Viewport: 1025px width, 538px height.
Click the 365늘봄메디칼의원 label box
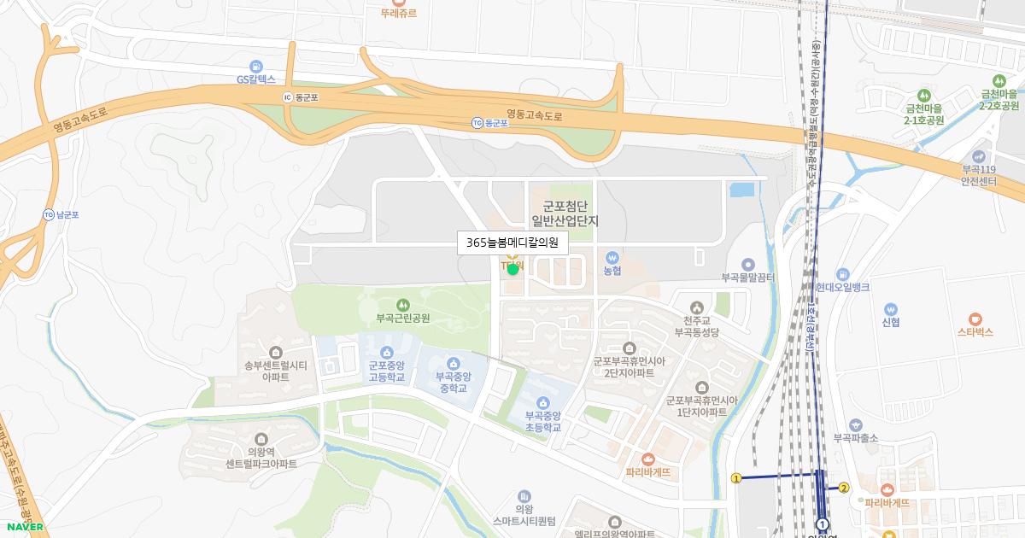pos(512,243)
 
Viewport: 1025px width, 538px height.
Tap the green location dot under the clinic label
pos(512,269)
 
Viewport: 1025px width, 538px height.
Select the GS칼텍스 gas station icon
pos(255,67)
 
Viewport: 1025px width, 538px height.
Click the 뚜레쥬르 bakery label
pos(400,13)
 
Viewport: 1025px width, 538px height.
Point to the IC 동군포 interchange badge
pos(288,97)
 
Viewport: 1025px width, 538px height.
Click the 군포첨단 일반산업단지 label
pos(565,213)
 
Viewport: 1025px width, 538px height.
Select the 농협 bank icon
pos(612,257)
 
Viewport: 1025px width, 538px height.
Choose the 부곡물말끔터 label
pos(747,278)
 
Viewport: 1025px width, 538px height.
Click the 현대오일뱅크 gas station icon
pos(842,274)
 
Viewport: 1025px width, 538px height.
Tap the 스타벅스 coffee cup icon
pos(975,318)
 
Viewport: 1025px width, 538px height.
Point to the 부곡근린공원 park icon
pos(402,304)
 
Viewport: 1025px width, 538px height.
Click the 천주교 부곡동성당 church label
pos(698,326)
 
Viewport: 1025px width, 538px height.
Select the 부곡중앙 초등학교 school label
pos(542,421)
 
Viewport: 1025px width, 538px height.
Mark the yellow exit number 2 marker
pos(844,488)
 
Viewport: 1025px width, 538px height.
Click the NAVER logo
pos(24,527)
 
